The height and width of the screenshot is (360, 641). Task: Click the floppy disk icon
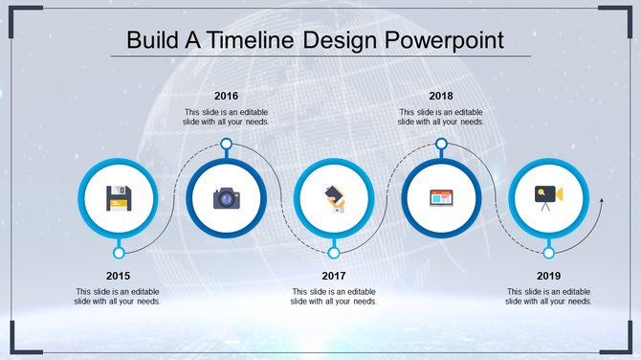pos(119,198)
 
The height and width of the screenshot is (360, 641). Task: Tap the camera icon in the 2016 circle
pos(226,198)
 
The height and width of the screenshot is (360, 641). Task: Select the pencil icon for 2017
pos(334,198)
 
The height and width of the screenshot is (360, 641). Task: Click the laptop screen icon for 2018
pos(441,198)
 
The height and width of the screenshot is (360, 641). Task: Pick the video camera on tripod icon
pos(548,196)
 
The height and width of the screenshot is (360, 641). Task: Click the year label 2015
pos(119,276)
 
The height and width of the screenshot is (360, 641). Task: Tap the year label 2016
pos(227,96)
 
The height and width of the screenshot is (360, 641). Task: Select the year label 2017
pos(334,276)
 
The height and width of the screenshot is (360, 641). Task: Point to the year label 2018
pos(441,96)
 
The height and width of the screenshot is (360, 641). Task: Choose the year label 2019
pos(548,276)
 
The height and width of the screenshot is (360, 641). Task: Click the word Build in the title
pos(151,41)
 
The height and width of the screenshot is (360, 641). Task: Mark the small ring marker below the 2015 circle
pos(119,253)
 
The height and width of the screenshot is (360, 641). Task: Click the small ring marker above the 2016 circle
pos(227,144)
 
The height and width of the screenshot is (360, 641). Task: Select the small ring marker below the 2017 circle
pos(334,253)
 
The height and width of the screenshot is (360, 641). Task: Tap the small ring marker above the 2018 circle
pos(441,144)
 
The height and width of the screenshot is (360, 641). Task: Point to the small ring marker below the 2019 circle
pos(548,253)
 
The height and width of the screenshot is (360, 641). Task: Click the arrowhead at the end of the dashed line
pos(601,201)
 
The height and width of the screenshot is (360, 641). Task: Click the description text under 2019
pos(548,296)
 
